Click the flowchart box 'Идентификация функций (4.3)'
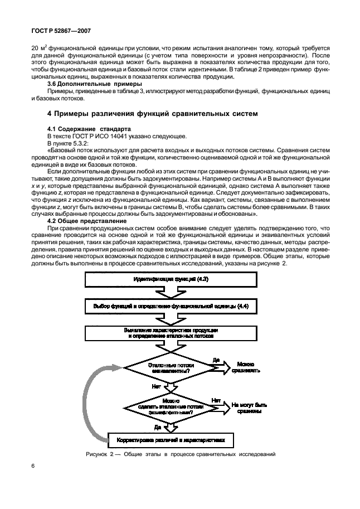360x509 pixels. tap(171, 278)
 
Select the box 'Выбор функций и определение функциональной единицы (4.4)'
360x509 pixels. tap(171, 306)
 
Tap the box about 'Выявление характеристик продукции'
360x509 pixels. tap(171, 333)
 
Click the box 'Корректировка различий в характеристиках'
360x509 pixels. tap(171, 440)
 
